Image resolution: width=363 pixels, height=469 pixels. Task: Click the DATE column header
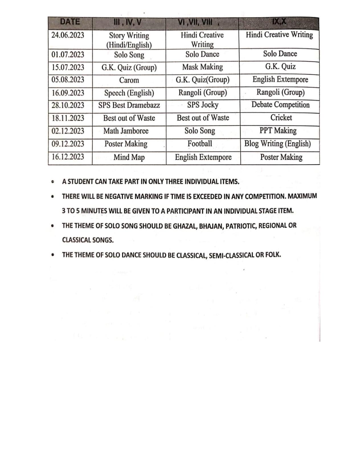[70, 22]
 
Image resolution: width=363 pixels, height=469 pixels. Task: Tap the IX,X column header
[279, 22]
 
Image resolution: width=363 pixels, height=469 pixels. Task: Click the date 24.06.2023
[68, 35]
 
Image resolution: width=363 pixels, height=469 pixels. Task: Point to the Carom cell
[129, 80]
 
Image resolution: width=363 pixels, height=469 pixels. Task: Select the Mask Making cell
[202, 67]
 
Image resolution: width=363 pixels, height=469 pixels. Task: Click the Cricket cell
[281, 118]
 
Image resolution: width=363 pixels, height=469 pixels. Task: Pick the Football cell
[200, 144]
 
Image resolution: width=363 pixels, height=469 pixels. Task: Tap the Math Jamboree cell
[126, 131]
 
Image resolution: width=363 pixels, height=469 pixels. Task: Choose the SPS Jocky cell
[203, 105]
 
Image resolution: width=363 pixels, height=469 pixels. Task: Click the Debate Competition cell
[280, 105]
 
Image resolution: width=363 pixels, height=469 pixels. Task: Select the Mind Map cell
[129, 157]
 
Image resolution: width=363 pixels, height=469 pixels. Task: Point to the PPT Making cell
[278, 131]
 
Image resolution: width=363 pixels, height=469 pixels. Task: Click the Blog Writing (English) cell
[278, 144]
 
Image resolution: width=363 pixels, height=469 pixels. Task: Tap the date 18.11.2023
[68, 118]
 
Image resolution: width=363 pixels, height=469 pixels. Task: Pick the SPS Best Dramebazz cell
[129, 105]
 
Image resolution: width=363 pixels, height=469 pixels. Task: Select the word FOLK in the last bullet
[273, 255]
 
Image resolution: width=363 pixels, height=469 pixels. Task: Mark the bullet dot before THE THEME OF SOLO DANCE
[52, 255]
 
